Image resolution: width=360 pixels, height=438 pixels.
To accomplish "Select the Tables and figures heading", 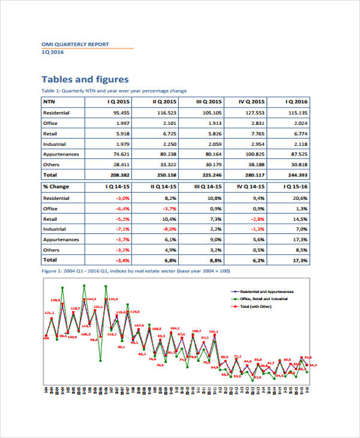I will (x=85, y=79).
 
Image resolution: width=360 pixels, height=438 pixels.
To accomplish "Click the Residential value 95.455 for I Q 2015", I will (x=122, y=113).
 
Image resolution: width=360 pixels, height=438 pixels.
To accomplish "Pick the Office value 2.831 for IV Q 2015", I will (x=255, y=123).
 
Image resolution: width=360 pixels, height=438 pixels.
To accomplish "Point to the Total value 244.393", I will (x=298, y=175).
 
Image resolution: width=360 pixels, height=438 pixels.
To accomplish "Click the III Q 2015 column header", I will (x=209, y=101).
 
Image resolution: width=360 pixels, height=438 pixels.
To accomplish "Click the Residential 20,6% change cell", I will (x=300, y=197).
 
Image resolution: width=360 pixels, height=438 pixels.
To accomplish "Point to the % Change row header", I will (x=56, y=187).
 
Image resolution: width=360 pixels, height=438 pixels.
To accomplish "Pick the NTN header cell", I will (x=49, y=101).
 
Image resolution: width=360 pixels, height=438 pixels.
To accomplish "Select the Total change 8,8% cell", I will (x=214, y=260).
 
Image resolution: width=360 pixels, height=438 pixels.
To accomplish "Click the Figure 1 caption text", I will (x=136, y=271).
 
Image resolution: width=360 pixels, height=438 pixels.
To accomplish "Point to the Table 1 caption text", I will (x=113, y=91).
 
